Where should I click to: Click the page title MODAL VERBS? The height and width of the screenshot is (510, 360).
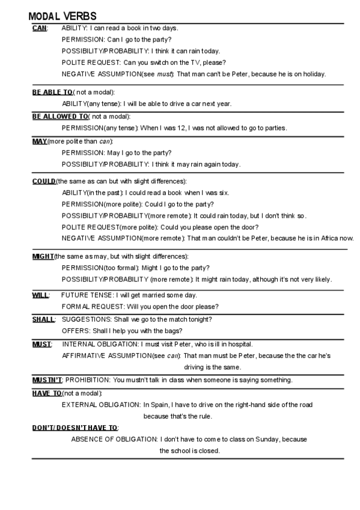[x=63, y=16]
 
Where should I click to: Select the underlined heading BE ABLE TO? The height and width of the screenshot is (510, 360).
[x=52, y=92]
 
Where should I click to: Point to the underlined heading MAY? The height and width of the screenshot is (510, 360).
[x=40, y=141]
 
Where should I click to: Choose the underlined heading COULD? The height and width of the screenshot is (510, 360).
[x=44, y=181]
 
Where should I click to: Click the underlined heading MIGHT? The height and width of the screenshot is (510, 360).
[x=43, y=256]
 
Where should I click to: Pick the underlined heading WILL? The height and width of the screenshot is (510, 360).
[x=40, y=295]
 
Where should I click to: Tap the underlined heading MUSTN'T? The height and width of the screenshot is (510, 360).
[x=47, y=380]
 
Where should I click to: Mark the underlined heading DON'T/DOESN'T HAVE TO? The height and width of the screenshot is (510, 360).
[x=75, y=428]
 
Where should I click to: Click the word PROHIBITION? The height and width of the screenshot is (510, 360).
[x=87, y=380]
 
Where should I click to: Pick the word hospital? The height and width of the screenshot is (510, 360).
[x=239, y=344]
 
